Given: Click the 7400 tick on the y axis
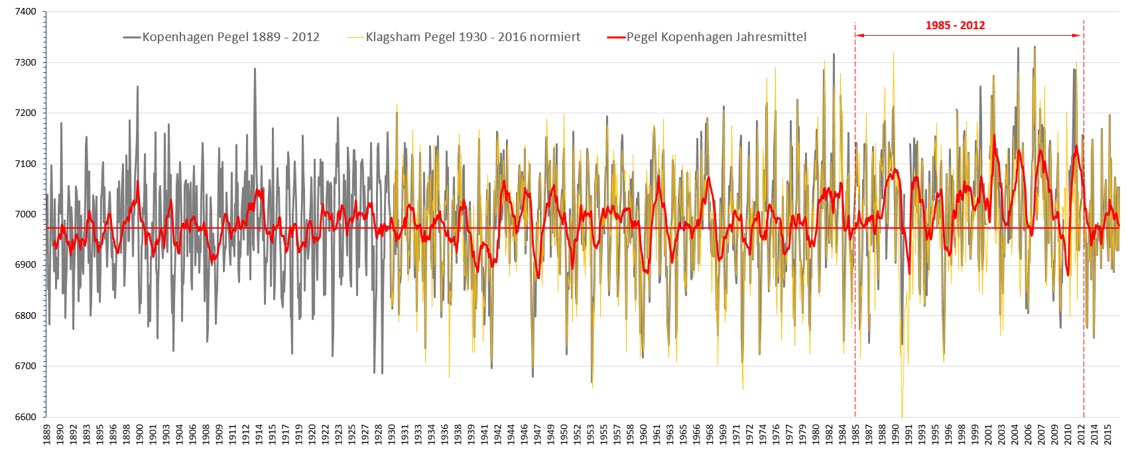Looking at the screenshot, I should click(23, 12).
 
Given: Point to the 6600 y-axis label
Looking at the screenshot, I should click(23, 417).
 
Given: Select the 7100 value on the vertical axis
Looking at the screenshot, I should click(23, 164).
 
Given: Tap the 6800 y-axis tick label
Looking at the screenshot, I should click(23, 315).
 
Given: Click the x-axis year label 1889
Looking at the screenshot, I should click(47, 435).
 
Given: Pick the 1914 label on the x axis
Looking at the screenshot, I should click(259, 435).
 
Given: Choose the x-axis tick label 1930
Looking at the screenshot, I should click(392, 435).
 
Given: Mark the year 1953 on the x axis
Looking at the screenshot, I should click(591, 435).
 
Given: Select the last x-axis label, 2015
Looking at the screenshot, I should click(1108, 435).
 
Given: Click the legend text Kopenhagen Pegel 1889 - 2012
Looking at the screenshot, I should click(231, 37).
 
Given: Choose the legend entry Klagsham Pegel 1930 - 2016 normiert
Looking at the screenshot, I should click(473, 37).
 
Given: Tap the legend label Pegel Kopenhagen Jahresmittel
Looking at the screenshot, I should click(716, 37).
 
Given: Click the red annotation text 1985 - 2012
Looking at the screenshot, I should click(955, 26).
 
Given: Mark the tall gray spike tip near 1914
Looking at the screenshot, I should click(255, 68).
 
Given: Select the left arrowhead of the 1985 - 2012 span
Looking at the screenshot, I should click(859, 35).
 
